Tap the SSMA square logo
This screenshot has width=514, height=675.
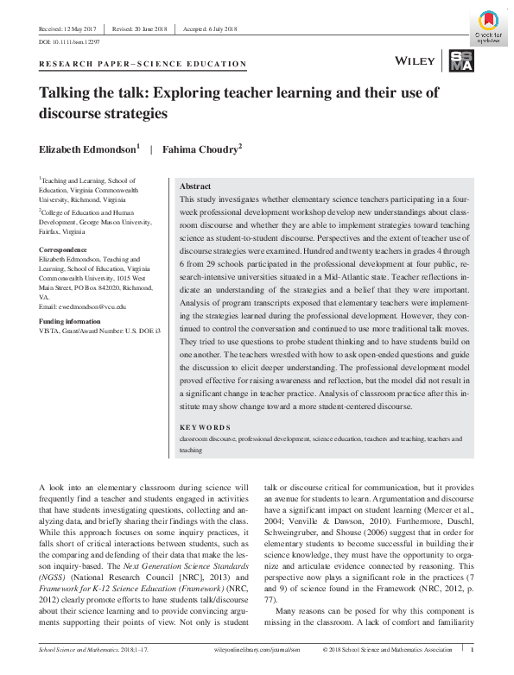pos(460,60)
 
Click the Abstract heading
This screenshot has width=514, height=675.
pos(195,186)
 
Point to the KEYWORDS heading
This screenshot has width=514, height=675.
pos(204,427)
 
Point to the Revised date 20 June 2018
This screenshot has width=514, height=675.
pos(141,28)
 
